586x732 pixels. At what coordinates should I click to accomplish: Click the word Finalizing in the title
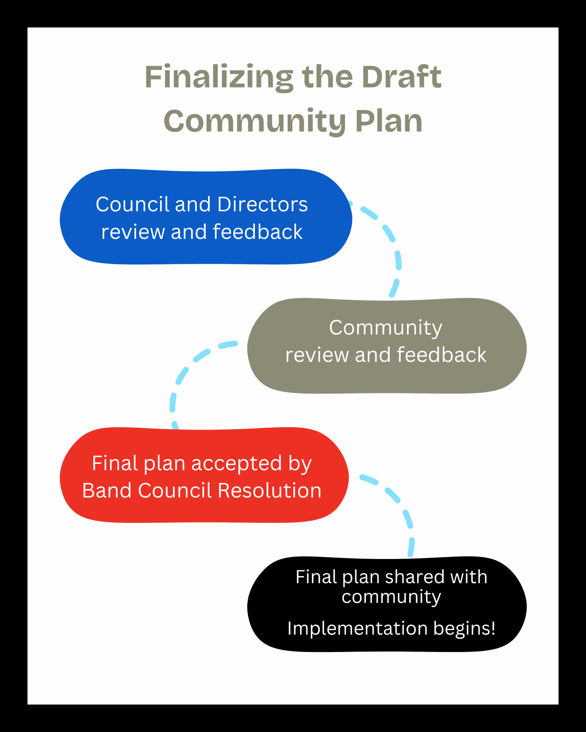tap(219, 77)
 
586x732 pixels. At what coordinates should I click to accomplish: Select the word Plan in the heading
tap(389, 121)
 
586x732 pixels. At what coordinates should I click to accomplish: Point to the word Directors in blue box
tap(262, 204)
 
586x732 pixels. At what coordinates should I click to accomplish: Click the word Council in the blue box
tap(132, 204)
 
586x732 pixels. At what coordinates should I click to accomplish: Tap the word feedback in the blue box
tap(258, 232)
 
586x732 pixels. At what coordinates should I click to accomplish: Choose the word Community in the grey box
tap(386, 328)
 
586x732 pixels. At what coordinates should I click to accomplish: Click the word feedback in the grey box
tap(442, 355)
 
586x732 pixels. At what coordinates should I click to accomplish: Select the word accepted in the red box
tap(237, 464)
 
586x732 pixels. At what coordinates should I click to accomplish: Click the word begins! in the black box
tap(464, 628)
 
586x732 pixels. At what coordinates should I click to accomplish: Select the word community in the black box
tap(391, 596)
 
